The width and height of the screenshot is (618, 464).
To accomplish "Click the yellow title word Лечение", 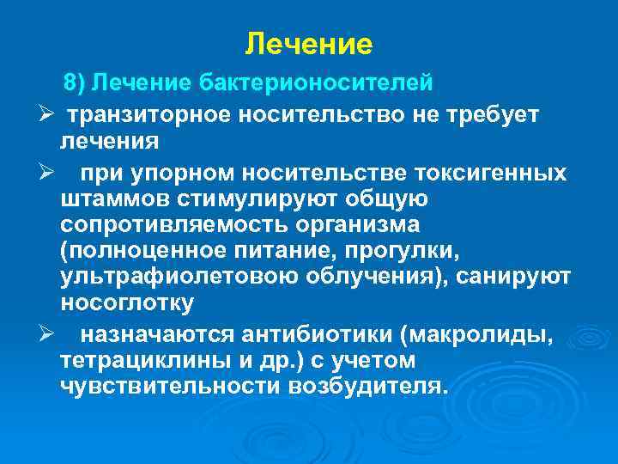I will point(308,42).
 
